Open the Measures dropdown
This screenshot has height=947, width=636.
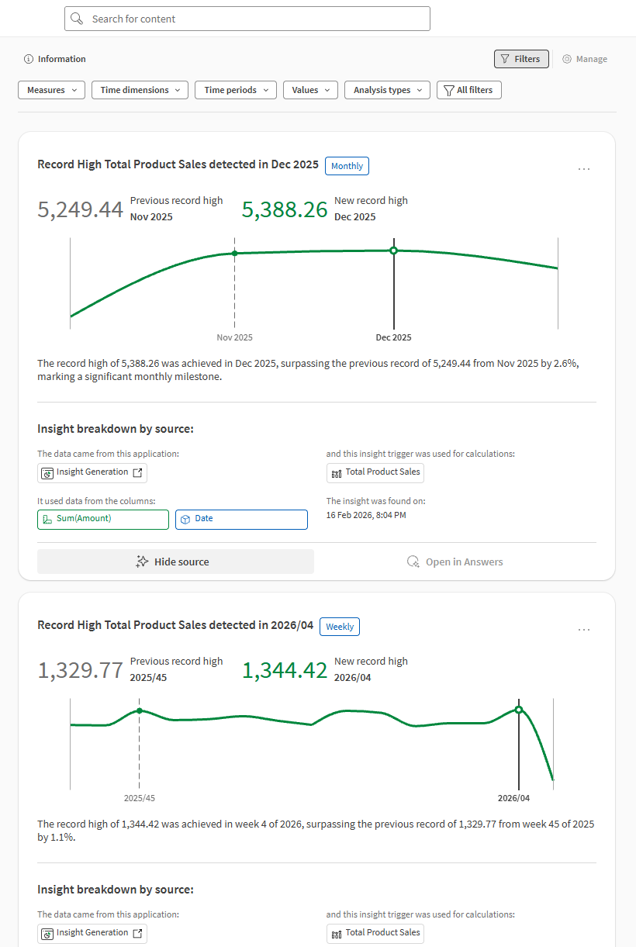(x=51, y=90)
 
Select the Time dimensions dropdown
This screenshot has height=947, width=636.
(x=140, y=90)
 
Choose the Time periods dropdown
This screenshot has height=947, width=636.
(x=236, y=90)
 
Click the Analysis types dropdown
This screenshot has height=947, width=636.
(x=387, y=90)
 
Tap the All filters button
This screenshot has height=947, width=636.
(x=469, y=90)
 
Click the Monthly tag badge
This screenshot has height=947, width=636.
(x=347, y=166)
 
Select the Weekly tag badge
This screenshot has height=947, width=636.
(x=340, y=627)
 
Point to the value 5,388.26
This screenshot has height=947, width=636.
(x=285, y=209)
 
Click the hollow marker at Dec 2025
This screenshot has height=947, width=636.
(x=393, y=251)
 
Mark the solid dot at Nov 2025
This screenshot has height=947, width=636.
(x=234, y=254)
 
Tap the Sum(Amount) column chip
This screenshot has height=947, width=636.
(x=102, y=519)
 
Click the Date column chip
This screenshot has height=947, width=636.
(x=241, y=519)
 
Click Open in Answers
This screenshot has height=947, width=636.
(x=455, y=562)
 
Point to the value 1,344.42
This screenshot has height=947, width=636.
(x=285, y=670)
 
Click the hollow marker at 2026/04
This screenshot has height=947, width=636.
(x=519, y=710)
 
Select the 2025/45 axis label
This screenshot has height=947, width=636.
(x=139, y=798)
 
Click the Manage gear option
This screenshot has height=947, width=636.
(x=585, y=59)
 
